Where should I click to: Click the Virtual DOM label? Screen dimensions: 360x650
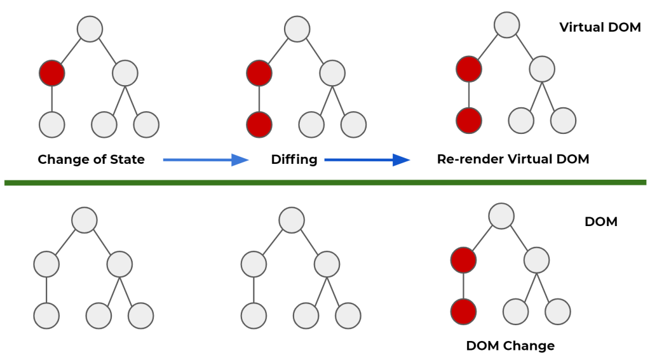[x=599, y=27]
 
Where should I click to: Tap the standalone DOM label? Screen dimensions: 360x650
[x=600, y=222]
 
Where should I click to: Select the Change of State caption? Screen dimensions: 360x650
[x=91, y=159]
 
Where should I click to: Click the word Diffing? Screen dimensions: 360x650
[x=294, y=159]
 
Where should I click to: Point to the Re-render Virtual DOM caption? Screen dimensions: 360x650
[x=513, y=159]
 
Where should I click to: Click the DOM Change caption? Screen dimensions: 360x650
[x=510, y=346]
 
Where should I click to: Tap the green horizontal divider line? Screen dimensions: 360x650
[x=325, y=183]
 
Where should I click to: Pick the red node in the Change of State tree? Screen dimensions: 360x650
[x=52, y=74]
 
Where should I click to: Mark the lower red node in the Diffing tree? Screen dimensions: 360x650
[x=259, y=124]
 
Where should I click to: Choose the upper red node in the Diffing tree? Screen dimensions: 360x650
[x=259, y=74]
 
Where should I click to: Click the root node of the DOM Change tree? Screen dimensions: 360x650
[x=501, y=216]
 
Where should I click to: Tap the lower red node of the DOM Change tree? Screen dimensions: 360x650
[x=463, y=311]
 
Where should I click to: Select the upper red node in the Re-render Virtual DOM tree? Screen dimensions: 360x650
[x=469, y=69]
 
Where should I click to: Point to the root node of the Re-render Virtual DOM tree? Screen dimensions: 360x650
[x=506, y=25]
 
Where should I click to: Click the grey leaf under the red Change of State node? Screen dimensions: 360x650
[x=52, y=124]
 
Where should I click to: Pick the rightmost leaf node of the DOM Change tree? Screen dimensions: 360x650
[x=557, y=311]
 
